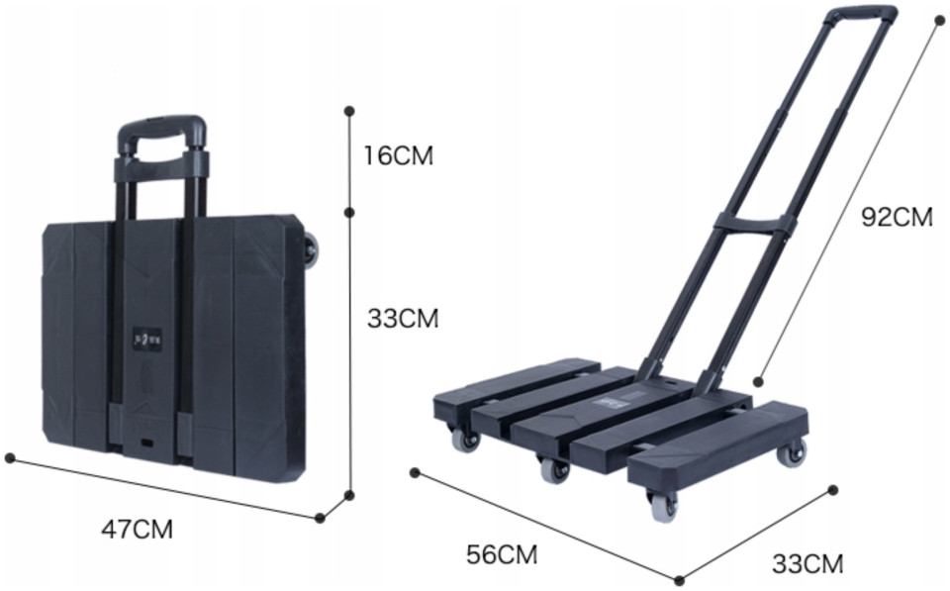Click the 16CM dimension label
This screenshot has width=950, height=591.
point(398,155)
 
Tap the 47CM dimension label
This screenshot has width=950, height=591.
point(137,530)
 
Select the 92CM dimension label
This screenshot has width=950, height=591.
point(897,217)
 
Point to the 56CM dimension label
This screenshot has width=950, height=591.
point(502,554)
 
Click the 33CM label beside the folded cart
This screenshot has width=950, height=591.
point(403,318)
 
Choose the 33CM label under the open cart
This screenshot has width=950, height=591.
point(807,563)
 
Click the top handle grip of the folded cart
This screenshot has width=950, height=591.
point(161,131)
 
